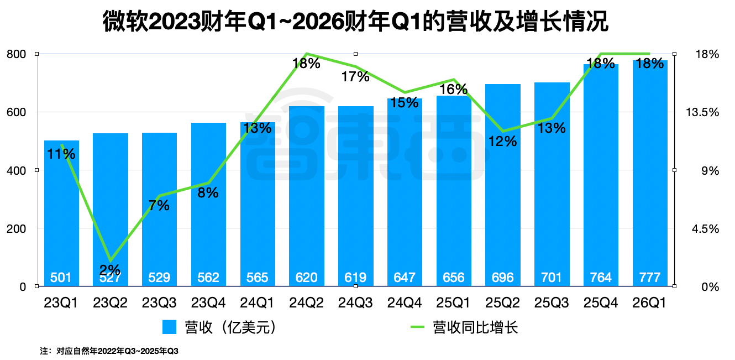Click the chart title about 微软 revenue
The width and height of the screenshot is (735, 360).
(x=355, y=23)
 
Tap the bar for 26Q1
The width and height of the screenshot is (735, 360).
(x=650, y=177)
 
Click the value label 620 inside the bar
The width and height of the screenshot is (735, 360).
(x=307, y=277)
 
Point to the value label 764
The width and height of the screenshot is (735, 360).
(x=601, y=277)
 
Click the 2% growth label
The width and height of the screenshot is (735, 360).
(x=111, y=270)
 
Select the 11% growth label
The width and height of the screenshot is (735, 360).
(x=61, y=154)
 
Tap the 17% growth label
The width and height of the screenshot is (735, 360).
(x=355, y=77)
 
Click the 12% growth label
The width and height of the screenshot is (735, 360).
(x=502, y=141)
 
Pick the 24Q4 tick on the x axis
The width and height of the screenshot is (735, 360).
(x=405, y=303)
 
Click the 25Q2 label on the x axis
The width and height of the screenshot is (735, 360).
(x=502, y=303)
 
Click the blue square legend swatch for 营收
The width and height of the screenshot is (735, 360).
(x=169, y=327)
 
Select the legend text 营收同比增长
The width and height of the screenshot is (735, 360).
(x=475, y=327)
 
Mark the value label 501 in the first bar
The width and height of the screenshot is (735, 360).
(x=61, y=277)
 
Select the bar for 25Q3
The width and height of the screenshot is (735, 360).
(x=552, y=182)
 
